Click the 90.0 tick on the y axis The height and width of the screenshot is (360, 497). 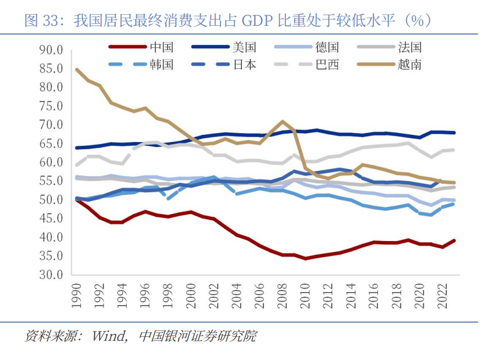click(52, 51)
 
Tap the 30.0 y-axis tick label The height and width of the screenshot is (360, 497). click(52, 275)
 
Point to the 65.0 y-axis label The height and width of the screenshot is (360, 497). click(52, 144)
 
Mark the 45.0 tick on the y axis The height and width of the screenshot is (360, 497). click(52, 219)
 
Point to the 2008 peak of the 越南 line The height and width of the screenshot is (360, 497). click(283, 122)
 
